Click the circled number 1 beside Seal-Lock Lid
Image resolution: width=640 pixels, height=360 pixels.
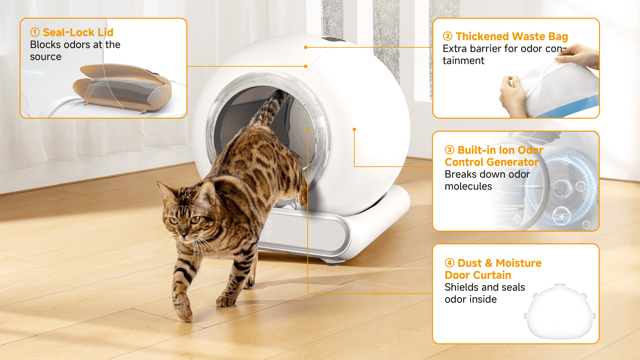coord(35,32)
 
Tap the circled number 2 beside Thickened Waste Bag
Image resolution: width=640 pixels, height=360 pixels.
coord(448,36)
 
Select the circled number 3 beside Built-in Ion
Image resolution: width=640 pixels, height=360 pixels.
coord(450,150)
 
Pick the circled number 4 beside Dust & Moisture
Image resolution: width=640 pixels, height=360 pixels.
coord(450,263)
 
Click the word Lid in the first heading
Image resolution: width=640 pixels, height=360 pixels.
coord(106,32)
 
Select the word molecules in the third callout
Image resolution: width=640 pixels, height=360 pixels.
coord(468,186)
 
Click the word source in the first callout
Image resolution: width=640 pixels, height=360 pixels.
coord(46,57)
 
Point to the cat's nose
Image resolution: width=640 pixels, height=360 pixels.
coord(184,234)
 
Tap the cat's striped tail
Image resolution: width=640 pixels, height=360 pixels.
coord(269,110)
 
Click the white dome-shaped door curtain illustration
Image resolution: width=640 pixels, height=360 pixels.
coord(560,312)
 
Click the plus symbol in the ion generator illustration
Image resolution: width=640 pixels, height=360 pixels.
coord(562,217)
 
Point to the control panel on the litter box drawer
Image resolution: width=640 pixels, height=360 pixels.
coord(269,226)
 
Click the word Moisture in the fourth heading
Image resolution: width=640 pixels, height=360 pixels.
coord(518,263)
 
